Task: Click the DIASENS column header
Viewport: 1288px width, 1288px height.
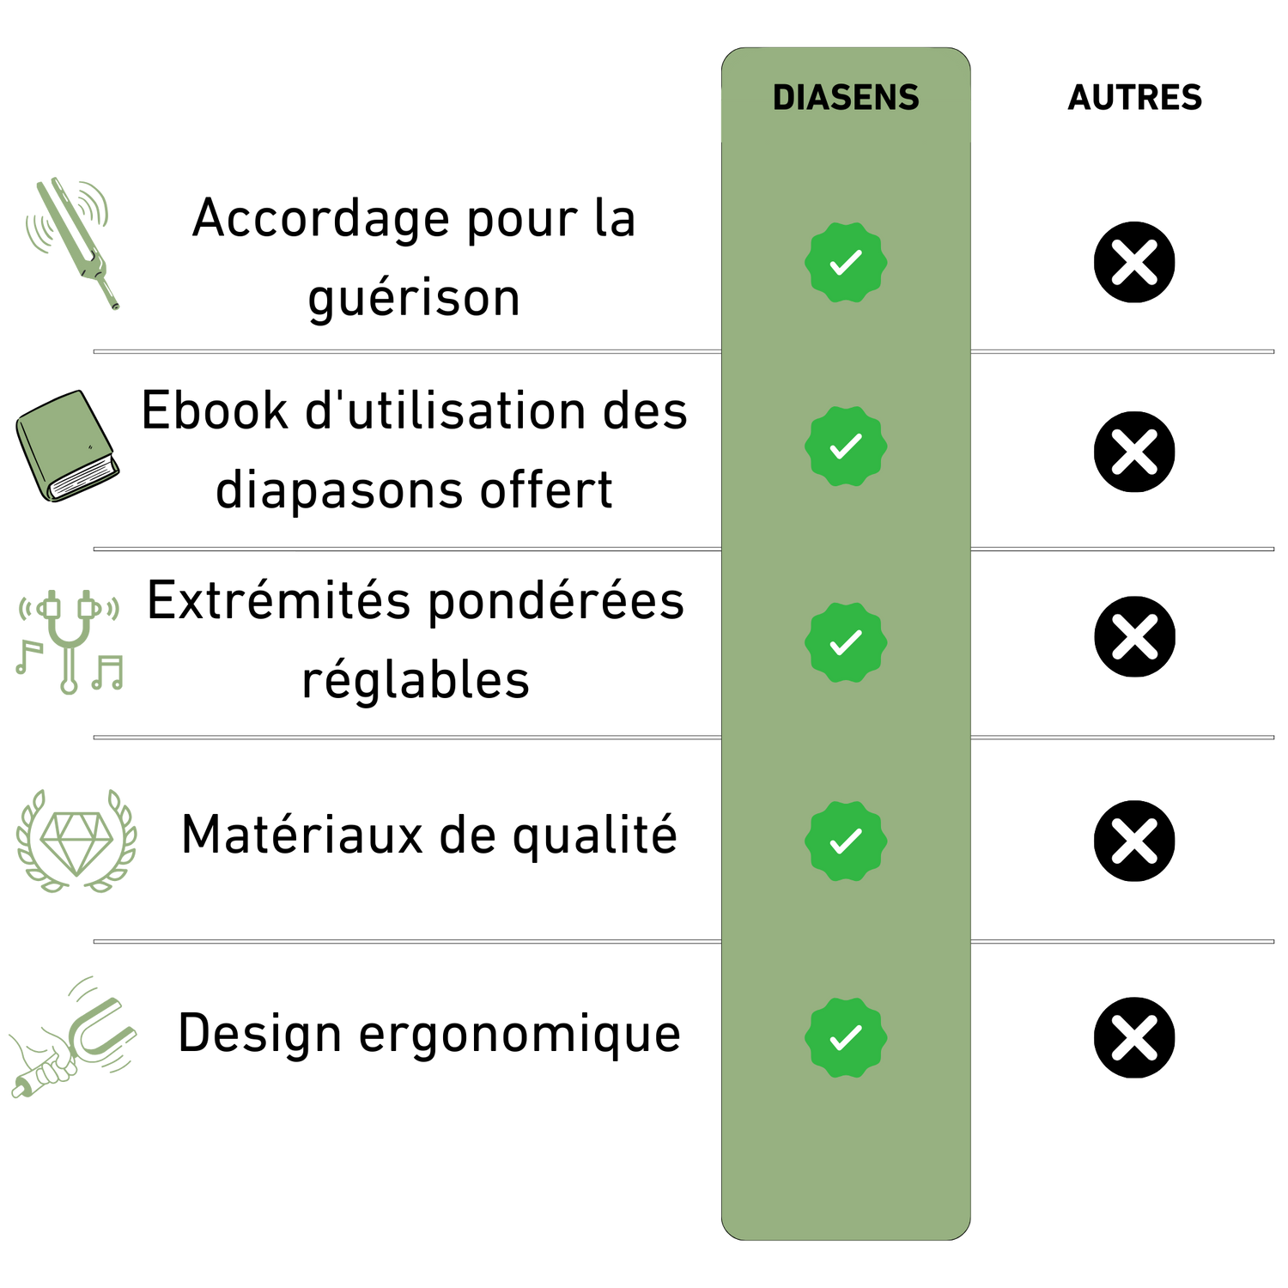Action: click(x=846, y=98)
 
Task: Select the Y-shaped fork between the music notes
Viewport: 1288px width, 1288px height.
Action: click(x=70, y=640)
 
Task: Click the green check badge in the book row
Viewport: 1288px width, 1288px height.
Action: click(x=846, y=447)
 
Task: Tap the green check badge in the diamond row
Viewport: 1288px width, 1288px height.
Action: click(x=846, y=841)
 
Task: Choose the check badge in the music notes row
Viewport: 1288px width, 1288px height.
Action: click(x=846, y=642)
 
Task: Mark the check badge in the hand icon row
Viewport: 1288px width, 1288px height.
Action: click(x=846, y=1037)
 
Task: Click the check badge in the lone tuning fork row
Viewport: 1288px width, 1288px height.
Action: click(x=846, y=262)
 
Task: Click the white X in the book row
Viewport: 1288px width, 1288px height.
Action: click(x=1134, y=453)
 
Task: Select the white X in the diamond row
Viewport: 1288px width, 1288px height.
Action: click(x=1134, y=841)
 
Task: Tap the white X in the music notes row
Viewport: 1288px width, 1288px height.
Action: click(x=1134, y=637)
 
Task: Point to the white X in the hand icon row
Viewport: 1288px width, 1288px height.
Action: click(x=1134, y=1037)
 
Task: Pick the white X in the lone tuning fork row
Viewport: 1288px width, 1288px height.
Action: click(x=1134, y=262)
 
